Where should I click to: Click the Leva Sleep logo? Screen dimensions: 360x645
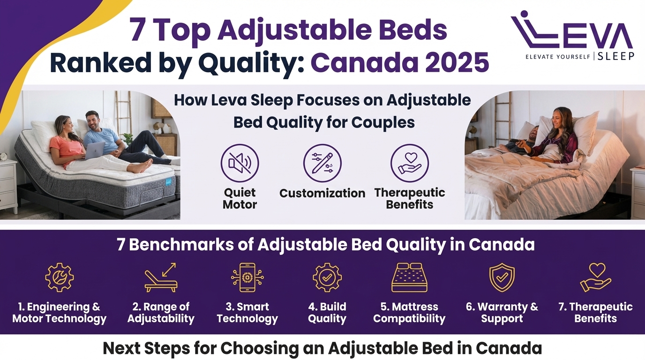pos(572,36)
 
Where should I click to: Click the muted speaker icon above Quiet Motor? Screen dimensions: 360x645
pos(240,163)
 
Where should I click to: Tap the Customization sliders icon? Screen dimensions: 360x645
pos(322,163)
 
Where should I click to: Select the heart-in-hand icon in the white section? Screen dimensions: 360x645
pos(409,163)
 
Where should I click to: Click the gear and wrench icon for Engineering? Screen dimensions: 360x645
pos(59,277)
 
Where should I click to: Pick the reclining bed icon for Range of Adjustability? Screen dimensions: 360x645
pos(161,278)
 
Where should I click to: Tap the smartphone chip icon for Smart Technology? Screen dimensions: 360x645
pos(247,277)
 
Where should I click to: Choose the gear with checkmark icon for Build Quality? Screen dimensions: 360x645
pos(327,277)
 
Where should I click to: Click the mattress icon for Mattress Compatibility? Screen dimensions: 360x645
pos(409,277)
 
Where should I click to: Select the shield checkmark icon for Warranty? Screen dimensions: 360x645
pos(502,277)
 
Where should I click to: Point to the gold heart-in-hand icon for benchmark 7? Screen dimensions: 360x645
pos(595,277)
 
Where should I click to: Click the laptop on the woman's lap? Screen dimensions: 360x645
pos(95,150)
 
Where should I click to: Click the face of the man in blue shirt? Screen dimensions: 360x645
pos(92,120)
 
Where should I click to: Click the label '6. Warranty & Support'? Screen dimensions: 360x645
pos(502,313)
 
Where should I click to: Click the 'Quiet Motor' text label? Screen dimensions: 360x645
pos(240,198)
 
